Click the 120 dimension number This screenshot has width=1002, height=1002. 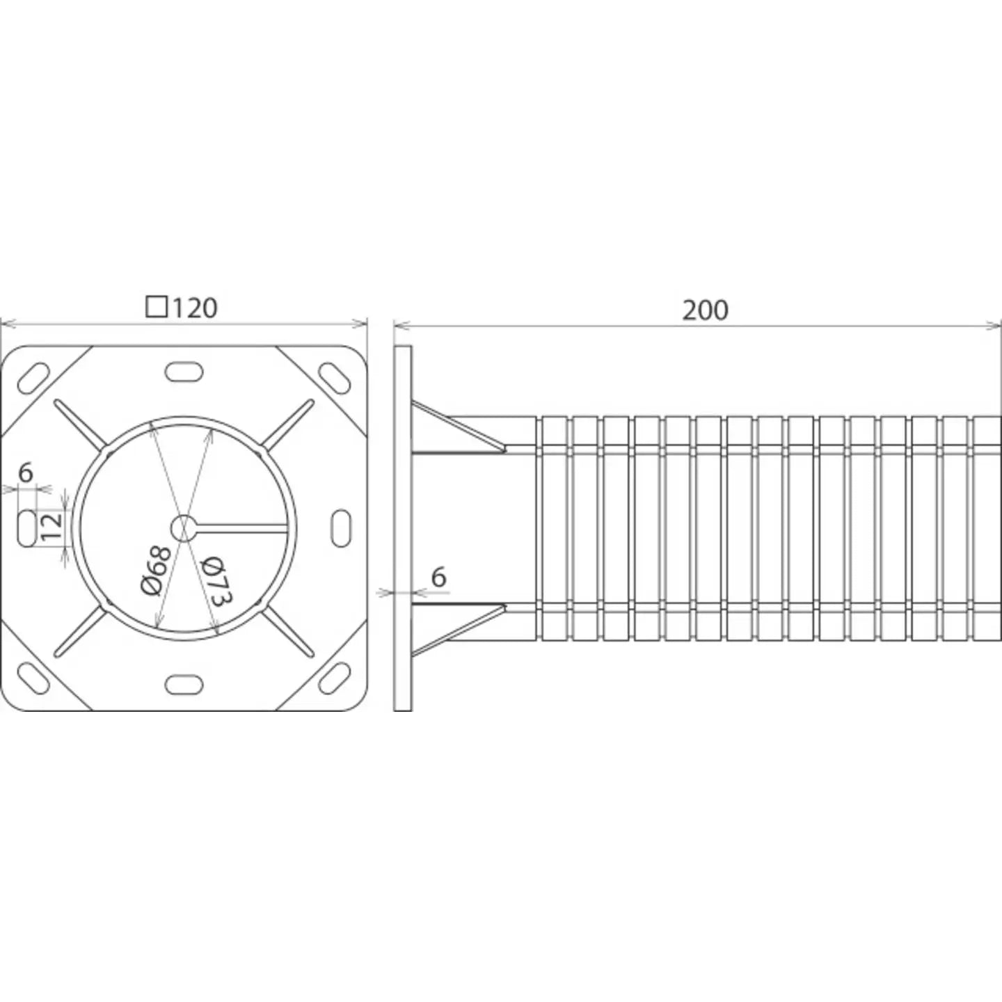click(x=194, y=308)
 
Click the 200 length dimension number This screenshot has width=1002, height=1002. click(x=705, y=310)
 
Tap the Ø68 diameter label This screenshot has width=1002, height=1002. click(x=156, y=571)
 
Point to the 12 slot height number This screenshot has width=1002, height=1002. click(x=51, y=527)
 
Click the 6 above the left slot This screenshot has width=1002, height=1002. click(x=26, y=473)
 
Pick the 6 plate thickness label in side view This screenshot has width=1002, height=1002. click(x=439, y=577)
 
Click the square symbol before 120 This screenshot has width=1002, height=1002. click(x=157, y=308)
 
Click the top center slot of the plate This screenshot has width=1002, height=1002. click(x=183, y=372)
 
